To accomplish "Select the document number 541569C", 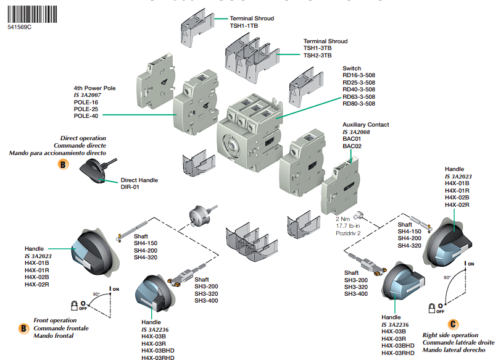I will click(20, 28).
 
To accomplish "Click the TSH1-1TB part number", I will click(244, 26).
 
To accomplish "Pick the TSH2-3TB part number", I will click(317, 56).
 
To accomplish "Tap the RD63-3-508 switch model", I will click(359, 96).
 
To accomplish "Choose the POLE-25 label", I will click(86, 109).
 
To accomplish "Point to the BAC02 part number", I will click(352, 146).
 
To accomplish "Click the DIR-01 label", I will click(130, 187).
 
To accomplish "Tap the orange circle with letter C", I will click(454, 323).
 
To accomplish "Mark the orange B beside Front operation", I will click(23, 329).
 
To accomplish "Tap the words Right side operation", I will click(450, 335).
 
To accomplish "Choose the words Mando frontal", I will click(54, 336).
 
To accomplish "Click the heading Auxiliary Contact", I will click(365, 125).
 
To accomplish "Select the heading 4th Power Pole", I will click(94, 88).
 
